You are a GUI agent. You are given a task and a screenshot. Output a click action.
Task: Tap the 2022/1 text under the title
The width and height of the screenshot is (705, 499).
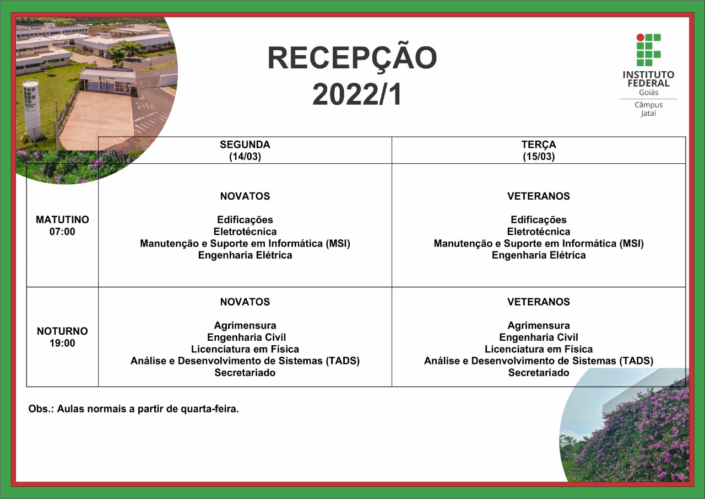pyautogui.click(x=356, y=94)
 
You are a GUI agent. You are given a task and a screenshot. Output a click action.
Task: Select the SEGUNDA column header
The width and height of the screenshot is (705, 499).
pyautogui.click(x=245, y=144)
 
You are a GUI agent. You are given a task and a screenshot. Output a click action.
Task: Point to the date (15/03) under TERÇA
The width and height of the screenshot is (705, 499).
pyautogui.click(x=539, y=157)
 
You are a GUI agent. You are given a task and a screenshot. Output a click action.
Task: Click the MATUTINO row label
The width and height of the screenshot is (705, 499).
pyautogui.click(x=62, y=219)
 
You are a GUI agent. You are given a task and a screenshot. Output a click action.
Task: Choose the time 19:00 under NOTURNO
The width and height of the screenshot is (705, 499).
pyautogui.click(x=62, y=343)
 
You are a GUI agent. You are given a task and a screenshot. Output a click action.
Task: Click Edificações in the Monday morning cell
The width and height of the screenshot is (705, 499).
pyautogui.click(x=245, y=220)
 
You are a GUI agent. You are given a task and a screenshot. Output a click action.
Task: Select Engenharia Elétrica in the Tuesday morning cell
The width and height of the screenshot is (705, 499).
pyautogui.click(x=539, y=255)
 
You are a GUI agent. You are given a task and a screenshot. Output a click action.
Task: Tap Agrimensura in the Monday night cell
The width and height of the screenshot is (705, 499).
pyautogui.click(x=245, y=326)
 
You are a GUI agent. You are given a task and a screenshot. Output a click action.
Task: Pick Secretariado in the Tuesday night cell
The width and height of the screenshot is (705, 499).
pyautogui.click(x=539, y=373)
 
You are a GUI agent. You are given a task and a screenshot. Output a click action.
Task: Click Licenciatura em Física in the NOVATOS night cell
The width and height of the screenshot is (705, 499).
pyautogui.click(x=245, y=349)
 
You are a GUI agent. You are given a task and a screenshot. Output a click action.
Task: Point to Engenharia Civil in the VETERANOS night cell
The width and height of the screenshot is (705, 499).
pyautogui.click(x=539, y=337)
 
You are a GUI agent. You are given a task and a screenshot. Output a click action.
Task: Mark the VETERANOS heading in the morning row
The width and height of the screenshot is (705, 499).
pyautogui.click(x=539, y=196)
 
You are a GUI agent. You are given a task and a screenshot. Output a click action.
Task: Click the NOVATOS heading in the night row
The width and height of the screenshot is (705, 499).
pyautogui.click(x=245, y=302)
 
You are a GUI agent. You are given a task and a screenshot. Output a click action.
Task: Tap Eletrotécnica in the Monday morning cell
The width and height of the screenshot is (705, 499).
pyautogui.click(x=245, y=232)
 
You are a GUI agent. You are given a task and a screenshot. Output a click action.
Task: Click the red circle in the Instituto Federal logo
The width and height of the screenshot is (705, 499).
pyautogui.click(x=640, y=37)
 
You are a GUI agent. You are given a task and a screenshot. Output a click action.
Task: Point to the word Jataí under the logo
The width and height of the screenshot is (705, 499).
pyautogui.click(x=648, y=114)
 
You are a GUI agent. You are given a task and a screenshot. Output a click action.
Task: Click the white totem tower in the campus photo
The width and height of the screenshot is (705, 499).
pyautogui.click(x=31, y=109)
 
